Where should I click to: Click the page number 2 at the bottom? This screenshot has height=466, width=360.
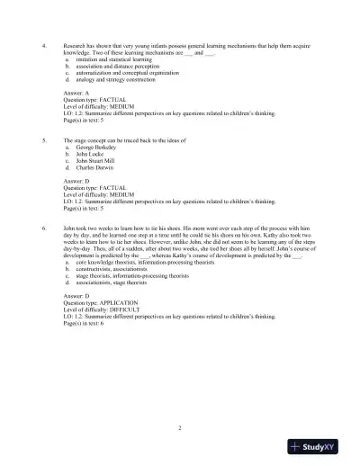point(180,427)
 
